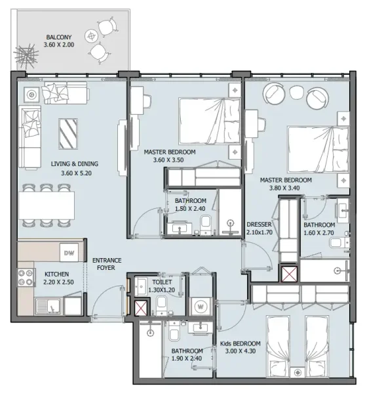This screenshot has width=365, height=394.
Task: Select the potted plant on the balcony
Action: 26,53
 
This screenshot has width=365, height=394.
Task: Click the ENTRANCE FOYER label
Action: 106,264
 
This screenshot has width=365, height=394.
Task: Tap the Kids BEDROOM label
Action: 240,343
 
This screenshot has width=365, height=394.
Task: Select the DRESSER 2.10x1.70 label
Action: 259,228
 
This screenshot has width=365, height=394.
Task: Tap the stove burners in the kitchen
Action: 26,278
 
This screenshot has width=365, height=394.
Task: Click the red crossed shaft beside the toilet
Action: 140,307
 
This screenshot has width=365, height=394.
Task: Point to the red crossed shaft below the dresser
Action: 288,273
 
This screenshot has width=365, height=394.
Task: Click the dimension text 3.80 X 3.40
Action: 285,187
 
